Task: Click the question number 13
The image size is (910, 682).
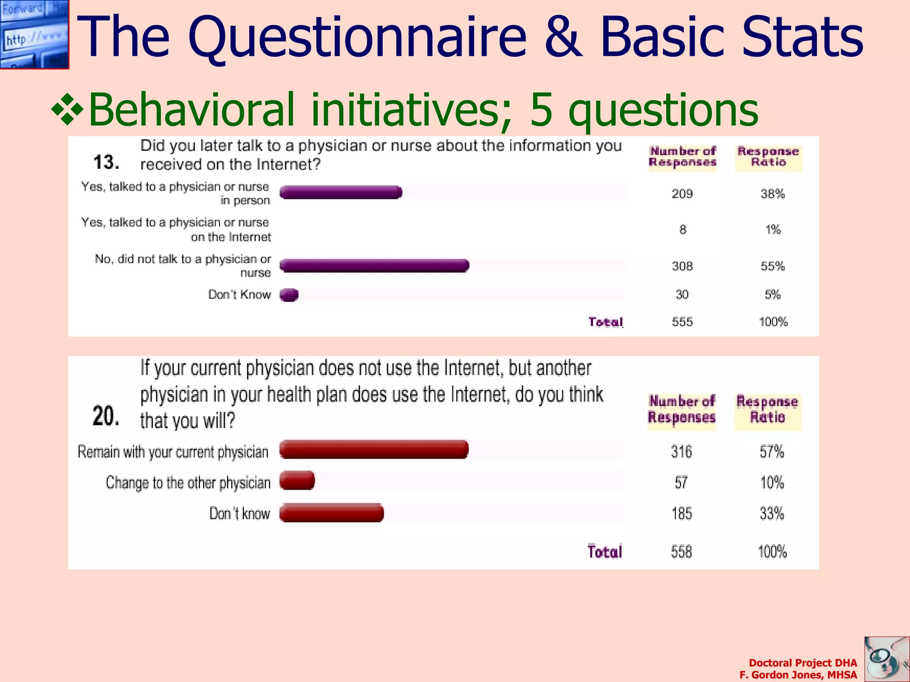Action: point(106,162)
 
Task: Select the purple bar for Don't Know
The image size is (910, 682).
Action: point(289,295)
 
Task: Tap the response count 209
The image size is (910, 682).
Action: point(682,194)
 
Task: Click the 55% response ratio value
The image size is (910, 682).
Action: point(773,266)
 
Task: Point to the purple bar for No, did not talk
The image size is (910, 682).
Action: point(374,266)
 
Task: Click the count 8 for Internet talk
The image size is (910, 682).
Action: point(682,230)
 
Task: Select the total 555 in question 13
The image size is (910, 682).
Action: point(682,321)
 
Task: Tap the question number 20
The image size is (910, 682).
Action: point(106,416)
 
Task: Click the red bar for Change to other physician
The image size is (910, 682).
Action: point(297,481)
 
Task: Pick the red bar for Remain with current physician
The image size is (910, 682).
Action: point(374,450)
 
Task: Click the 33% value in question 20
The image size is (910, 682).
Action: point(772,514)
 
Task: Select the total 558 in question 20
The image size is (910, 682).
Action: point(681,552)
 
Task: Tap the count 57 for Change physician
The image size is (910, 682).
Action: point(681,483)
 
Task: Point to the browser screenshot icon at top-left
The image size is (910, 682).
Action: point(34,34)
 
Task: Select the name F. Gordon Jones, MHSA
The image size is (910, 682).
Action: point(798,675)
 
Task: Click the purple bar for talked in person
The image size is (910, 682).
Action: point(341,192)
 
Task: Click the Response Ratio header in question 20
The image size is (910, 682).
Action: point(767,409)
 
